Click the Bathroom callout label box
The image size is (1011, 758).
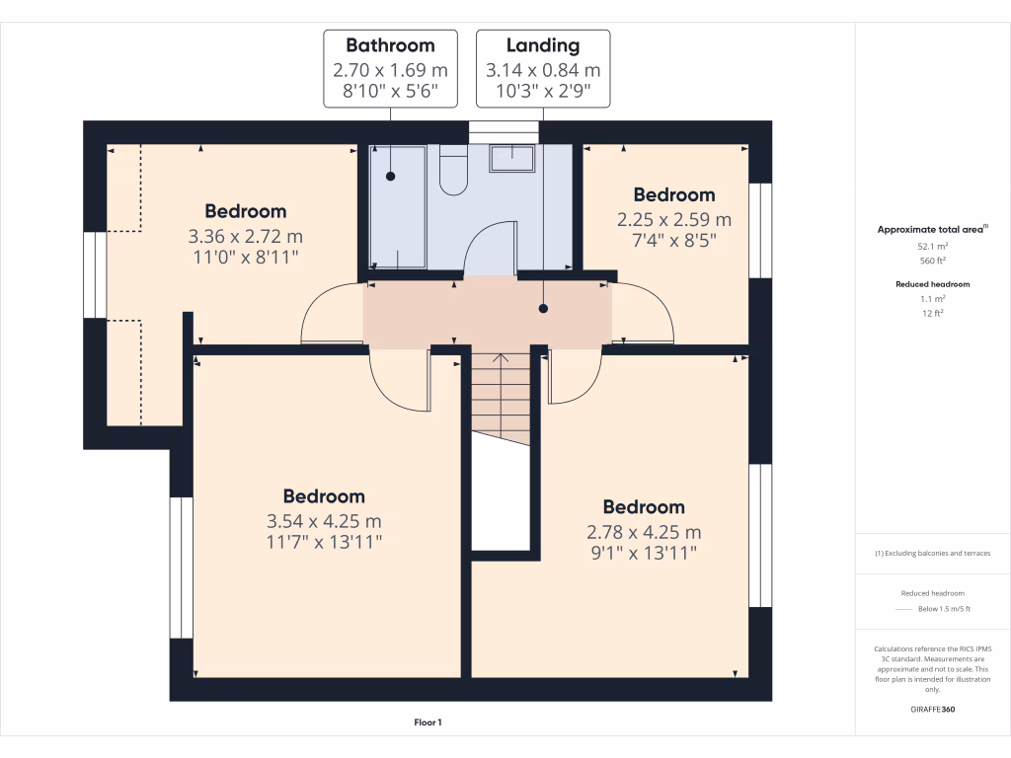coord(390,69)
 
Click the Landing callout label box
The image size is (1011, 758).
coord(543,69)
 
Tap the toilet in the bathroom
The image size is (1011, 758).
coord(453,172)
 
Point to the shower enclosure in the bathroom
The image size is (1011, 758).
coord(398,207)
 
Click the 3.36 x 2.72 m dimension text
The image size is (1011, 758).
coord(245,237)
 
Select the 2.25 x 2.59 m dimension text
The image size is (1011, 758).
coord(674,220)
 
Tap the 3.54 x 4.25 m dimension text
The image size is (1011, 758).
coord(325,521)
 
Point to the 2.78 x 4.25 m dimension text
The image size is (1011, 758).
coord(644,532)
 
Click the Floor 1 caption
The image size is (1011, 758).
coord(428,723)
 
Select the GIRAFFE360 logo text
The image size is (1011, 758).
coord(933,710)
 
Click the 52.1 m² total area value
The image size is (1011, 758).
coord(933,246)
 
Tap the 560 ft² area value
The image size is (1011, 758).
coord(933,262)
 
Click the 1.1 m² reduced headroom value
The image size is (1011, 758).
coord(933,298)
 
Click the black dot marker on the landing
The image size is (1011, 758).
coord(543,309)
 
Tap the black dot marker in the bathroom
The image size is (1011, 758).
coord(390,176)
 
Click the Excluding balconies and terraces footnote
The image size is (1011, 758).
coord(933,554)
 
